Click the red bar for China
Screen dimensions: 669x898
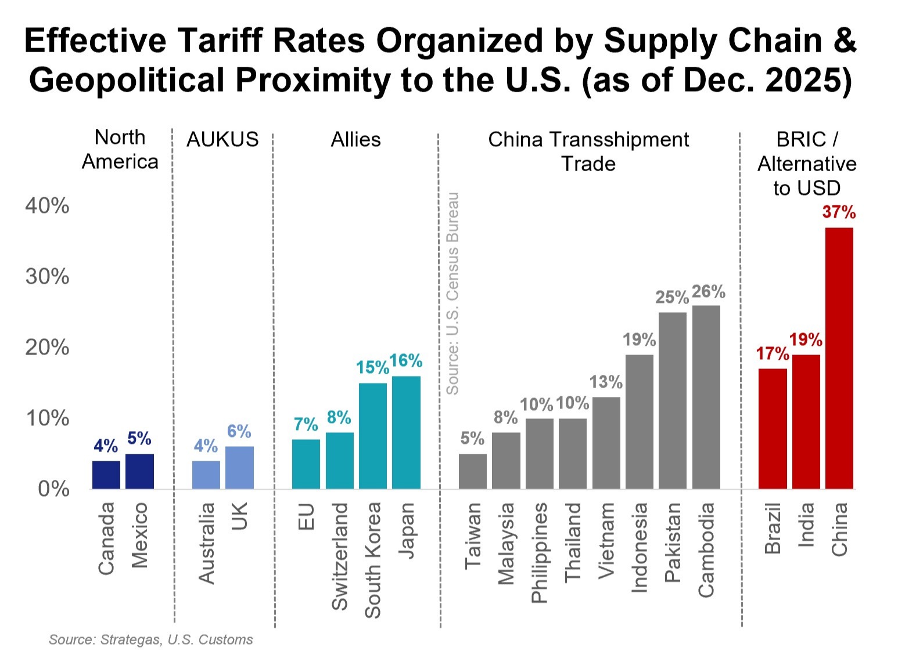pyautogui.click(x=839, y=358)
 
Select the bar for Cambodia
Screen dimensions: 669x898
pyautogui.click(x=706, y=397)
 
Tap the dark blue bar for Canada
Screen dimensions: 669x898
pyautogui.click(x=106, y=475)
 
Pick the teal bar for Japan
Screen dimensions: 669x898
pyautogui.click(x=406, y=432)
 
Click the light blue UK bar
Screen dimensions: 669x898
pyautogui.click(x=239, y=468)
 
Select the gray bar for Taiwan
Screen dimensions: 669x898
pyautogui.click(x=472, y=471)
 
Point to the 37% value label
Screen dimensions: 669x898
pyautogui.click(x=839, y=212)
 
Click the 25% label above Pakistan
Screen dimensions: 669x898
pyautogui.click(x=672, y=298)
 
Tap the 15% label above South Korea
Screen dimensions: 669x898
pyautogui.click(x=372, y=368)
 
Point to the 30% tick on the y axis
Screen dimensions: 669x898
pyautogui.click(x=47, y=277)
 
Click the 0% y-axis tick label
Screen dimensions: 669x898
pyautogui.click(x=53, y=489)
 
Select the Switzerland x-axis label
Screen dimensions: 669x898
pyautogui.click(x=339, y=556)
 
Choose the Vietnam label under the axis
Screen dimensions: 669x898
pyautogui.click(x=606, y=540)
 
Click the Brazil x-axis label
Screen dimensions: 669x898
pyautogui.click(x=773, y=529)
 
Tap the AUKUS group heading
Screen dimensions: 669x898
pyautogui.click(x=222, y=140)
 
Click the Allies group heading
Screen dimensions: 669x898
pyautogui.click(x=355, y=140)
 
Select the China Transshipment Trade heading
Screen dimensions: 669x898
pyautogui.click(x=588, y=151)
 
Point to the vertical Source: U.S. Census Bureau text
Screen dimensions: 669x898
pyautogui.click(x=452, y=294)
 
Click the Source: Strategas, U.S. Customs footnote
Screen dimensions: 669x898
pyautogui.click(x=151, y=639)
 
